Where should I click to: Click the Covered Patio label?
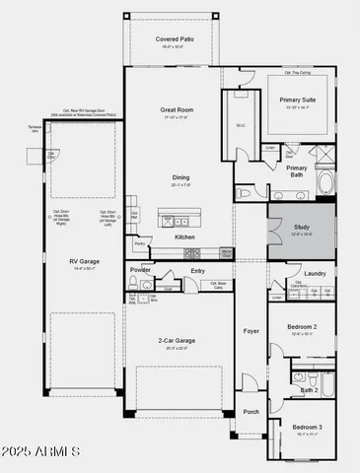tap(175, 39)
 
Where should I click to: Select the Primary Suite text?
tap(298, 100)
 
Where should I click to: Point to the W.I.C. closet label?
tap(240, 125)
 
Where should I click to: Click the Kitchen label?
tap(184, 237)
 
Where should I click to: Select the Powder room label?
tap(140, 269)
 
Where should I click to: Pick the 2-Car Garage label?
tap(180, 340)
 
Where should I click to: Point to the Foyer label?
tap(252, 331)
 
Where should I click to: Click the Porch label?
tap(252, 412)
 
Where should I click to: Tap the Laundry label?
tap(315, 273)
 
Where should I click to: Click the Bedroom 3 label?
tap(308, 426)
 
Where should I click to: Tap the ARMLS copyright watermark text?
tap(41, 451)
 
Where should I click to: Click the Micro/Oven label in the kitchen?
tap(226, 252)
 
